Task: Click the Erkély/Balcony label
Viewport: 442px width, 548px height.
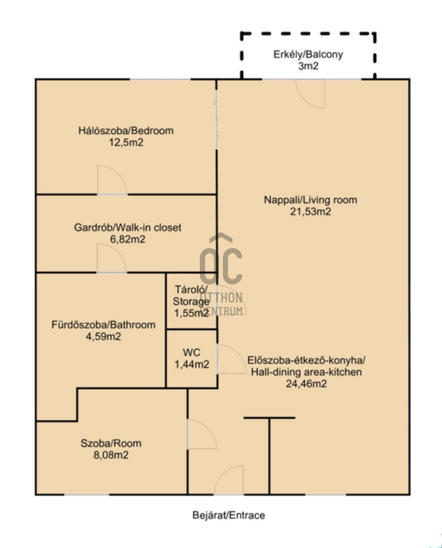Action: coord(308,55)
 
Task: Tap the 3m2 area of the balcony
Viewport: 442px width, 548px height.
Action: coord(308,66)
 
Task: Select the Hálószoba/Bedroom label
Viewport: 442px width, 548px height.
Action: coord(126,131)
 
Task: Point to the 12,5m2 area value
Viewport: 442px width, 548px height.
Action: coord(126,142)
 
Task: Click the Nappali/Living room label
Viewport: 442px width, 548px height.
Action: coord(310,200)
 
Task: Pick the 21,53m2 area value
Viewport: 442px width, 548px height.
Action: coord(310,211)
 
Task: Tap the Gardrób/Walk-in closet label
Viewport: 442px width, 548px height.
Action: coord(128,228)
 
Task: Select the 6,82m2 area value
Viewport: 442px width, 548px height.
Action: coord(128,239)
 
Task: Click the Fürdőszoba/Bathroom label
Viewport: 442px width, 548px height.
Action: coord(103,325)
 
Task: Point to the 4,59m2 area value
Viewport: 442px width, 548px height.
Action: coord(103,337)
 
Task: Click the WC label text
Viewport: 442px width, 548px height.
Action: coord(192,352)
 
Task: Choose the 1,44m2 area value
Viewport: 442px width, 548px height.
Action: coord(192,364)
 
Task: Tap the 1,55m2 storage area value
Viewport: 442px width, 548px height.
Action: coord(191,313)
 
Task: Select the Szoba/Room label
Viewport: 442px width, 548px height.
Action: coord(111,443)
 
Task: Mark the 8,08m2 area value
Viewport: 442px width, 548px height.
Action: coord(111,455)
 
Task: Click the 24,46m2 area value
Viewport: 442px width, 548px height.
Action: coord(306,384)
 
